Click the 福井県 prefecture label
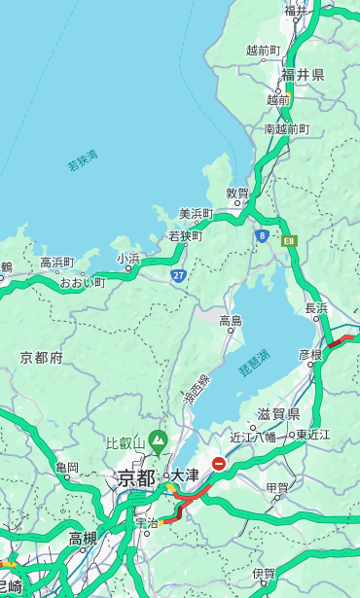coord(303,75)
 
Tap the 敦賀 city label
coord(237,193)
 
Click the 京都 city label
coord(136,477)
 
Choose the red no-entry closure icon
coord(219,465)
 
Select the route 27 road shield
coord(179,276)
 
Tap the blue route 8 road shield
coord(262,235)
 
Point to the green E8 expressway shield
coord(289,240)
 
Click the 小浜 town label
coord(128,258)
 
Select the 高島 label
coord(231,321)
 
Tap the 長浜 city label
coord(316,308)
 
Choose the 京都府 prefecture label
coord(41,358)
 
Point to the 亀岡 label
coord(67,468)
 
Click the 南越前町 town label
coord(286,128)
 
